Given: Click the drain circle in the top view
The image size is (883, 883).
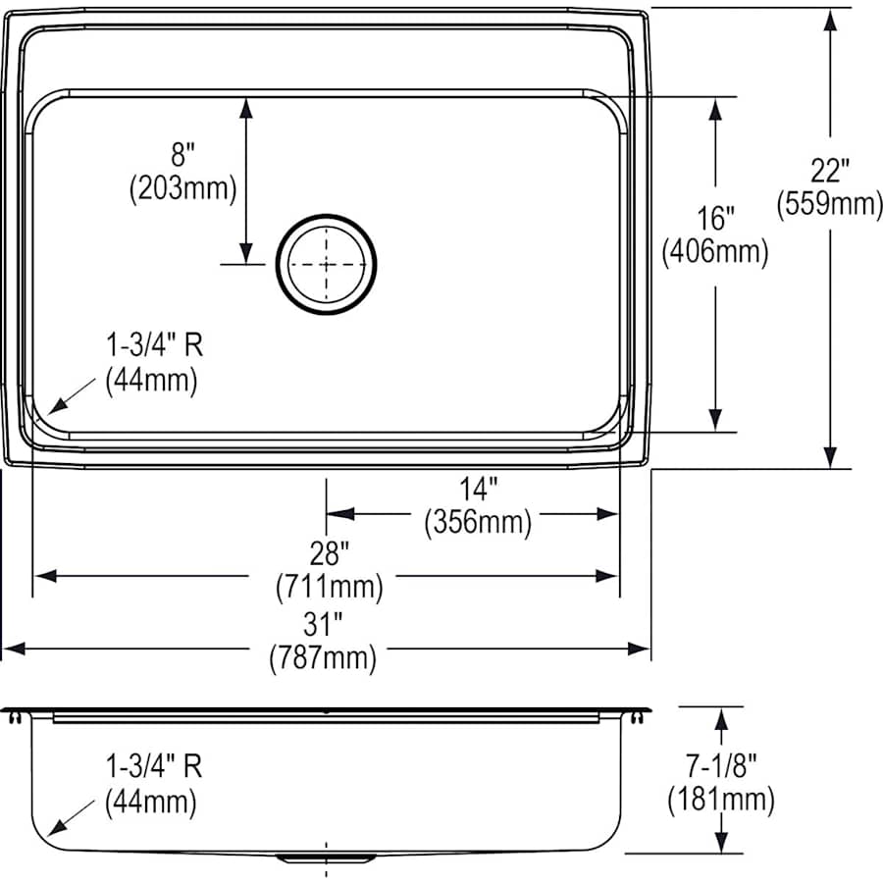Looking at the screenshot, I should pyautogui.click(x=327, y=265).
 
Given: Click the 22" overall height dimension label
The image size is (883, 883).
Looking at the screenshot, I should pyautogui.click(x=829, y=171).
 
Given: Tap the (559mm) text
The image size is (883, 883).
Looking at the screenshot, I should pyautogui.click(x=829, y=204).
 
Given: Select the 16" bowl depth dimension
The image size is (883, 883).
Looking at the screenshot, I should pyautogui.click(x=715, y=217).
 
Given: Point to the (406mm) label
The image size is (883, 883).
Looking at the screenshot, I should pyautogui.click(x=715, y=252).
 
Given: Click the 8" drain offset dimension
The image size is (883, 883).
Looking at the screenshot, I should pyautogui.click(x=183, y=154).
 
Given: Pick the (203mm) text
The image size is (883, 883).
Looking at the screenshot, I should pyautogui.click(x=183, y=188).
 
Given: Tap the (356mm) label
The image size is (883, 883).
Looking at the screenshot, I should pyautogui.click(x=478, y=522).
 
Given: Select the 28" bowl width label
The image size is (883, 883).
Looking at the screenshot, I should pyautogui.click(x=326, y=554).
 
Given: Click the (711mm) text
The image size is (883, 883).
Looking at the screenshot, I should pyautogui.click(x=326, y=588).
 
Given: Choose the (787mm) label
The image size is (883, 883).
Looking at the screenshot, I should pyautogui.click(x=323, y=658).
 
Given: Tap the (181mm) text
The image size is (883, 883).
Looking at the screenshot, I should pyautogui.click(x=721, y=800).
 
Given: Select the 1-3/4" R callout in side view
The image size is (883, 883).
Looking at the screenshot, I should pyautogui.click(x=154, y=766).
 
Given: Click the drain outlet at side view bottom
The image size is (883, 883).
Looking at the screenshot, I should pyautogui.click(x=326, y=858).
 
